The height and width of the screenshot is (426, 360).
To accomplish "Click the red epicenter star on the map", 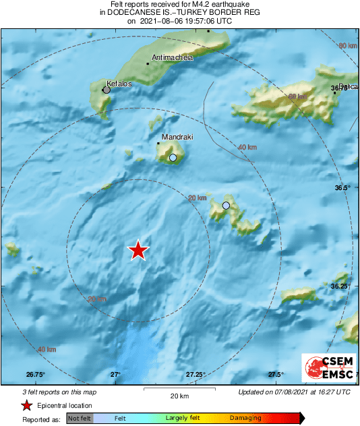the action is point(138,250).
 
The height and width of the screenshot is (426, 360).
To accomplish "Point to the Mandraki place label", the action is point(177,137).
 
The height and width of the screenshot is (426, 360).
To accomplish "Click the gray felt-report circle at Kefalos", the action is point(106,89).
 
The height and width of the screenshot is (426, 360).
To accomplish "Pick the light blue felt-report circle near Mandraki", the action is point(173,158).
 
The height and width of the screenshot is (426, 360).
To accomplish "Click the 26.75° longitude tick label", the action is point(35,374).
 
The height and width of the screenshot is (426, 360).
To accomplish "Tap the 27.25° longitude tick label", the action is point(196,374).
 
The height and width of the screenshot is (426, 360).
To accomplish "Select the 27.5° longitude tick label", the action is point(275,374).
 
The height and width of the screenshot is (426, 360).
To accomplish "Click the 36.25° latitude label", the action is point(340,286).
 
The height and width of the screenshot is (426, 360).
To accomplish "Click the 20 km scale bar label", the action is point(179,395).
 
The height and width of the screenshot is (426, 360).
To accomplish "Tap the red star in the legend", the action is point(26,405).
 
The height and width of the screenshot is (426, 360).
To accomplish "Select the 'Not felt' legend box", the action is point(80,418).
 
